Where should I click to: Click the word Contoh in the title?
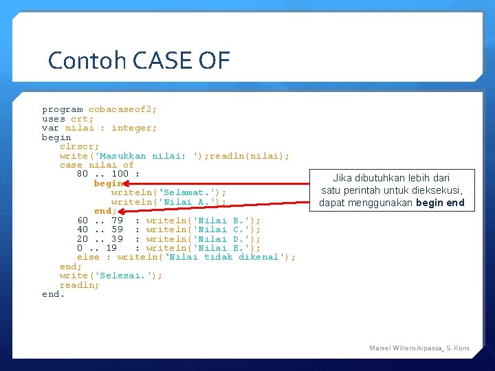pyautogui.click(x=87, y=60)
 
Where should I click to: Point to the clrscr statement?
pyautogui.click(x=79, y=147)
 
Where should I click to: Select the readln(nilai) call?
pyautogui.click(x=247, y=156)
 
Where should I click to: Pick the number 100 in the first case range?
pyautogui.click(x=120, y=174)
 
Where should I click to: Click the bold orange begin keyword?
pyautogui.click(x=109, y=183)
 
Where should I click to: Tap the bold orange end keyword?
pyautogui.click(x=103, y=211)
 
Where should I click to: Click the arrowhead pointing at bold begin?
pyautogui.click(x=126, y=183)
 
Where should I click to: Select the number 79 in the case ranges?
pyautogui.click(x=117, y=221)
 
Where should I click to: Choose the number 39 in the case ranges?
pyautogui.click(x=117, y=239)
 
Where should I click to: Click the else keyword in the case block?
pyautogui.click(x=88, y=257)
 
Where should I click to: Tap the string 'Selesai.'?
pyautogui.click(x=123, y=276)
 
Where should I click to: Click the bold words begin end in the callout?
pyautogui.click(x=440, y=203)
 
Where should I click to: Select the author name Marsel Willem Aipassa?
pyautogui.click(x=406, y=348)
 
